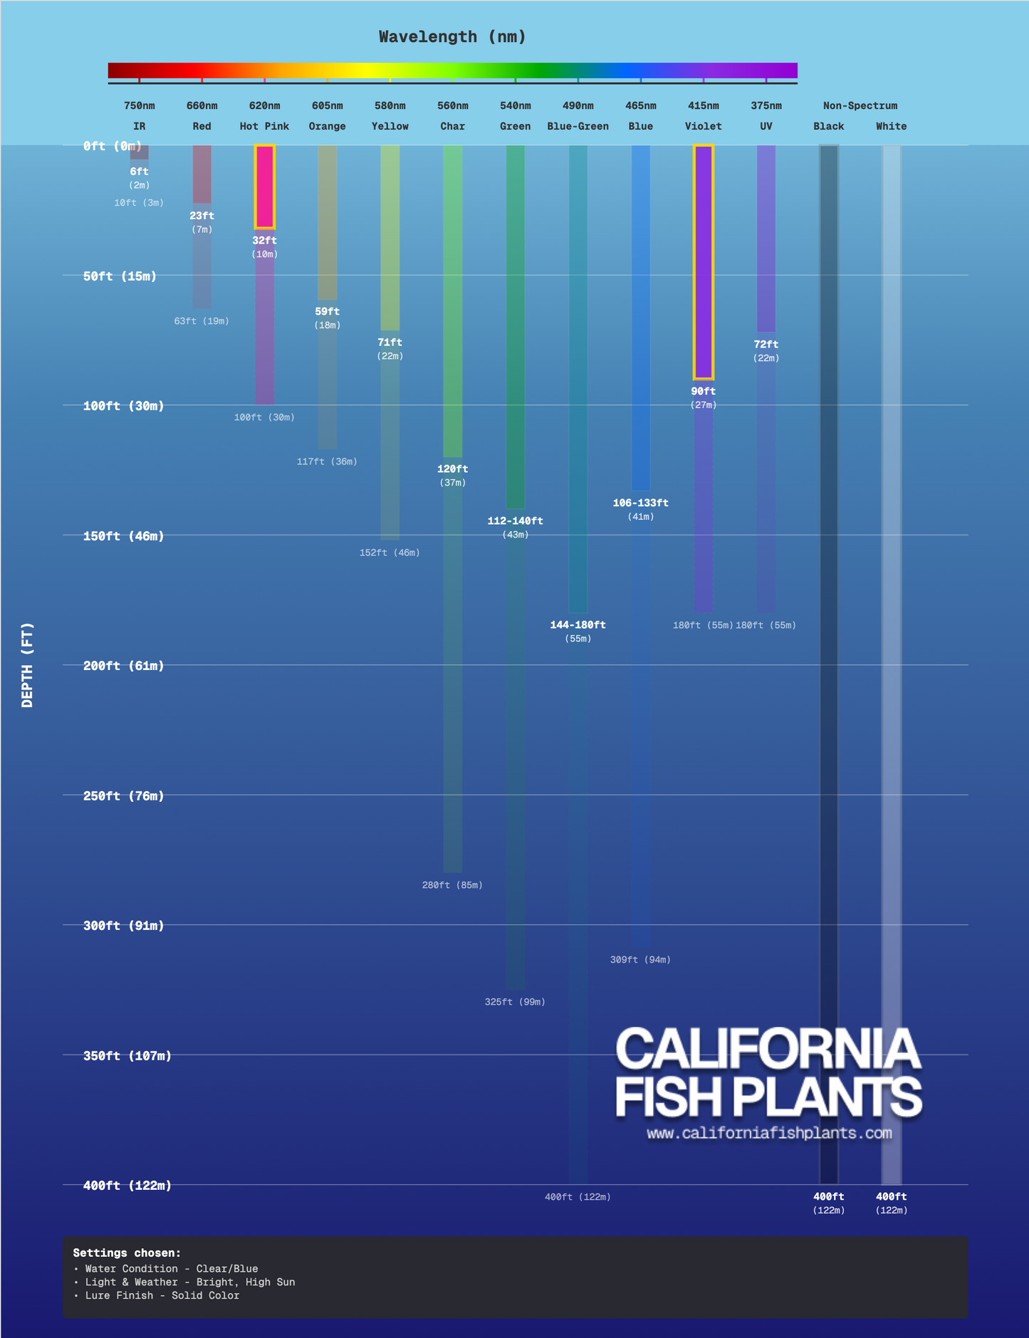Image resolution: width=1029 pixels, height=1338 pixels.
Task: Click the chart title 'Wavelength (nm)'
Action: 452,37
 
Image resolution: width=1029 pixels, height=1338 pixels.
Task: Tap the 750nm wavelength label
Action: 140,106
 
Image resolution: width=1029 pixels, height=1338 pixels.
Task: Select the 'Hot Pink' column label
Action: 264,127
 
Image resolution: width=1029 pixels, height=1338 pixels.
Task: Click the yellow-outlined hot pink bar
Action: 265,187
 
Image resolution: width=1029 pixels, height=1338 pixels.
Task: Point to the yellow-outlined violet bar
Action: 704,262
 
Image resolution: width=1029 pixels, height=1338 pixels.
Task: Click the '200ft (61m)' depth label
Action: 124,666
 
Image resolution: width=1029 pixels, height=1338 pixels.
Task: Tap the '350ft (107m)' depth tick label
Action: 127,1056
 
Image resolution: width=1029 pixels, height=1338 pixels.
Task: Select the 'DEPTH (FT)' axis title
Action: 28,665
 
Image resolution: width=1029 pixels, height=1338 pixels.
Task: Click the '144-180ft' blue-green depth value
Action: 578,625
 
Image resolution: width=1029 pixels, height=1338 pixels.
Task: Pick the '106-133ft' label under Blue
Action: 640,503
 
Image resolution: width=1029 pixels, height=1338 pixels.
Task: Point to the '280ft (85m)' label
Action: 452,885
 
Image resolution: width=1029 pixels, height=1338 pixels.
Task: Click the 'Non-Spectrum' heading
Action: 860,106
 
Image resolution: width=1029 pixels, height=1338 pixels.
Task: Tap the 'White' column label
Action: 891,127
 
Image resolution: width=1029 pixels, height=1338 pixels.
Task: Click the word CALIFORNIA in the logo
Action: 768,1048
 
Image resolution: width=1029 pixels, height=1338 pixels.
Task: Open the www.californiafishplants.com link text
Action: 769,1133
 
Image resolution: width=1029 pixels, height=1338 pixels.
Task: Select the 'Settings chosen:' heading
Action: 127,1253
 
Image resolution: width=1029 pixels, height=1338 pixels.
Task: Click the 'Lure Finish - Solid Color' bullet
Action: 162,1296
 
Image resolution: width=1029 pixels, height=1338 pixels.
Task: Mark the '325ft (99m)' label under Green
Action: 515,1002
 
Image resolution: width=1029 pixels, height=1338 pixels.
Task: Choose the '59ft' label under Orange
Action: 328,312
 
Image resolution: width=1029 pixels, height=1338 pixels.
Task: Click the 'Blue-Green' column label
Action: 578,127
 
